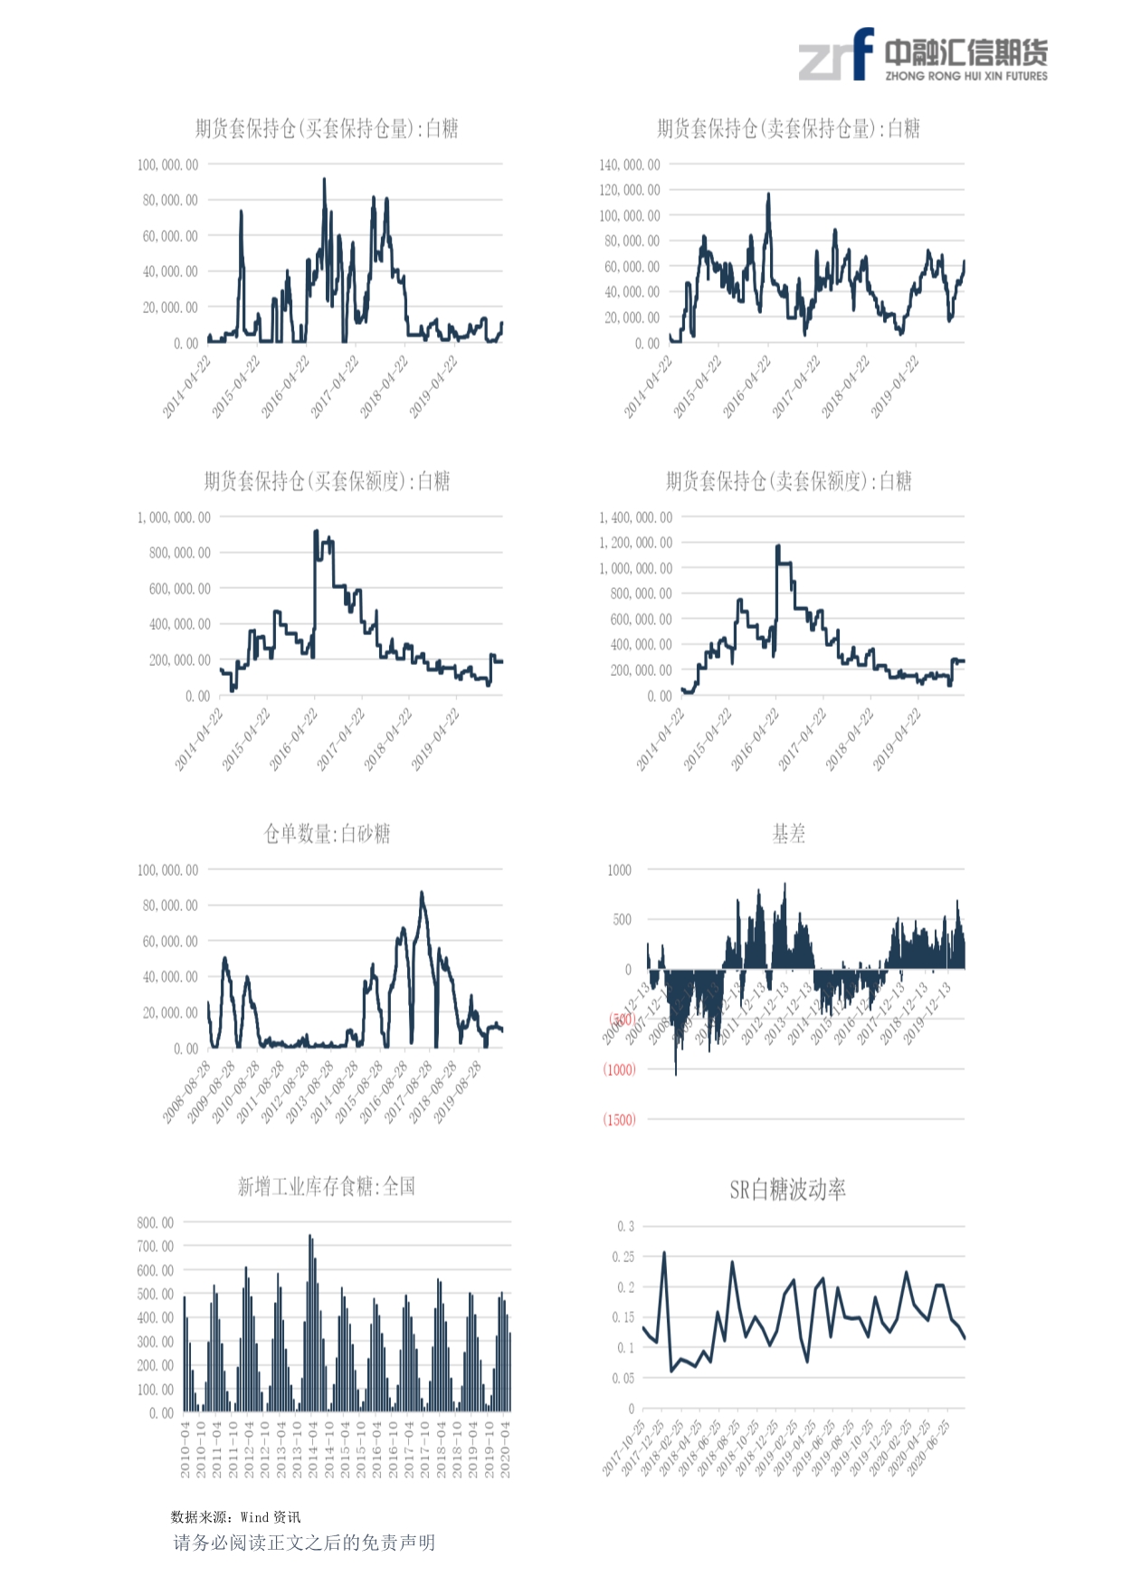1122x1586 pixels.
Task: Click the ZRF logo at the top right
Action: (923, 55)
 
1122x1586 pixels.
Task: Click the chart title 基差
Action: (788, 834)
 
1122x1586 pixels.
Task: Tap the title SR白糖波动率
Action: (787, 1190)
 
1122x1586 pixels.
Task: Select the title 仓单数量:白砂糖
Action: (327, 834)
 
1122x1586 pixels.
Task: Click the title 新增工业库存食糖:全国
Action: (327, 1187)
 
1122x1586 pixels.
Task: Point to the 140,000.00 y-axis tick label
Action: (630, 165)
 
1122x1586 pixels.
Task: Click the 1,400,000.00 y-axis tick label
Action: (635, 518)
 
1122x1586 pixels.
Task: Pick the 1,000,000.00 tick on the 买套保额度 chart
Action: (174, 518)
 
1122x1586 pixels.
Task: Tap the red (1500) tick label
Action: (619, 1120)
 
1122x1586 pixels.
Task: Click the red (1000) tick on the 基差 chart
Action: (619, 1069)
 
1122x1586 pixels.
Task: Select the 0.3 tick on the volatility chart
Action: (625, 1227)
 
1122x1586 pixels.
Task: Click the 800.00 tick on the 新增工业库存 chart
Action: (156, 1223)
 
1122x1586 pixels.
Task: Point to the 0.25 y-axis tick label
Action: (623, 1257)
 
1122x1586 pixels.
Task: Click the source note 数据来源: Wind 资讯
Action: (235, 1517)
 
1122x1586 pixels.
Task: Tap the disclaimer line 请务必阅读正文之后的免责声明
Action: (304, 1543)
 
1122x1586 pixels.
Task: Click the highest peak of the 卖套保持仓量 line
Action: (768, 194)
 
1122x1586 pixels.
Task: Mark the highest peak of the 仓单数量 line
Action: (422, 893)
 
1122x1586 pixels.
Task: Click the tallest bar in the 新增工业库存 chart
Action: (309, 1237)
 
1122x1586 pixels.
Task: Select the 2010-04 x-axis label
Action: (185, 1449)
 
